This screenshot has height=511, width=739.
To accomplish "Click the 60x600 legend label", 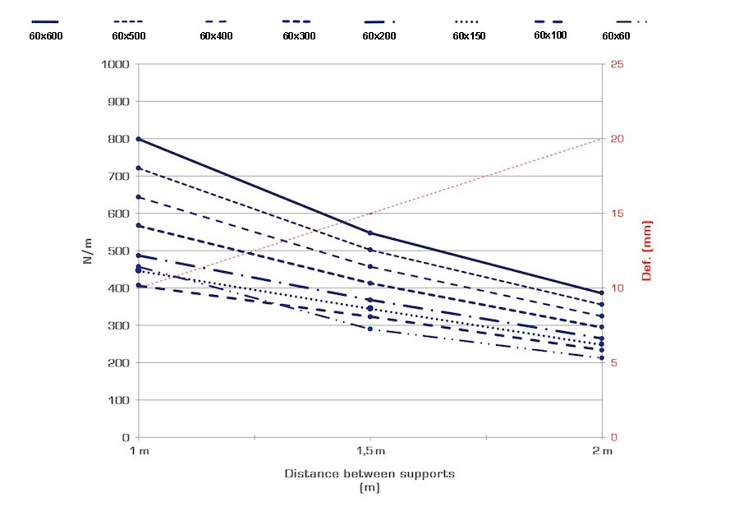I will click(x=46, y=35).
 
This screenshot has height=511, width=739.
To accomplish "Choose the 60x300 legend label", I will click(x=299, y=35).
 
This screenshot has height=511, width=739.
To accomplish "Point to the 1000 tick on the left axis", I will click(x=115, y=64).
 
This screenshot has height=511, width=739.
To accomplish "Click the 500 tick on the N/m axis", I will click(x=119, y=251).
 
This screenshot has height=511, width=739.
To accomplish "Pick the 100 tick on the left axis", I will click(x=119, y=400).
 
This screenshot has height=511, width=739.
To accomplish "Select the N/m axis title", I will click(x=88, y=251).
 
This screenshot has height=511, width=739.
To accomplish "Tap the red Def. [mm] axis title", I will click(x=646, y=251).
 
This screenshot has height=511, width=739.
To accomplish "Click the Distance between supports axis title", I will click(x=369, y=474).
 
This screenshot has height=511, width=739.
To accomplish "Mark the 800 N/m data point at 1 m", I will click(x=138, y=139).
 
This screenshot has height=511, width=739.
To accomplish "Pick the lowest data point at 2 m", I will click(x=602, y=357).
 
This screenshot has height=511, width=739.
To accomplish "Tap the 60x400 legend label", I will click(x=216, y=35).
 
